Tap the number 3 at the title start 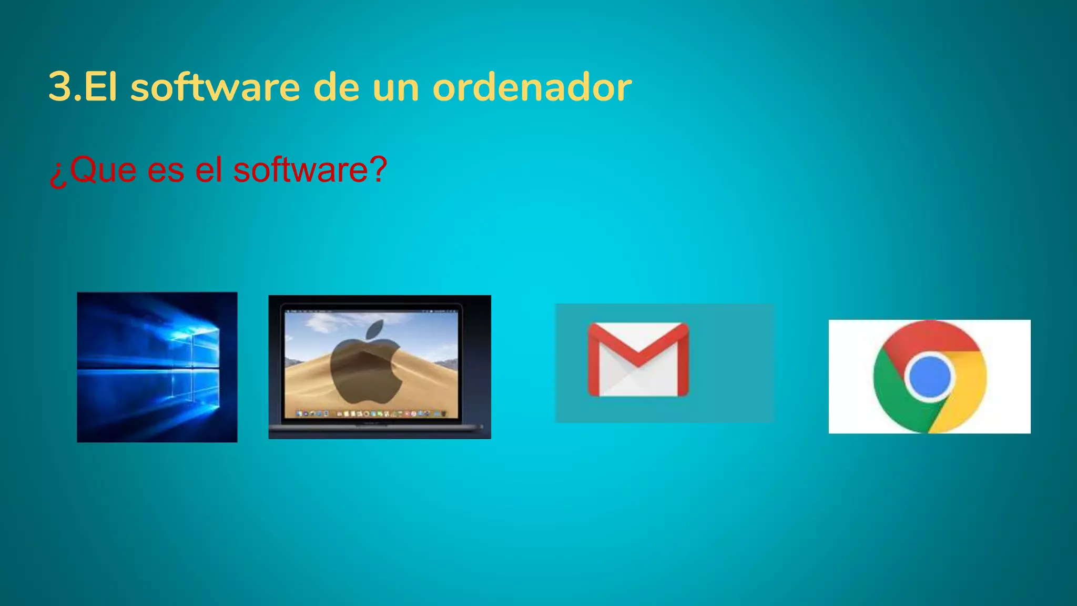(59, 87)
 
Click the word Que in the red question (103, 170)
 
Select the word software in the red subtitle (300, 170)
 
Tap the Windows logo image (157, 367)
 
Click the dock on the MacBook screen (371, 414)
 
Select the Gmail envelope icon (638, 360)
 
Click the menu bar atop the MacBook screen (371, 311)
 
